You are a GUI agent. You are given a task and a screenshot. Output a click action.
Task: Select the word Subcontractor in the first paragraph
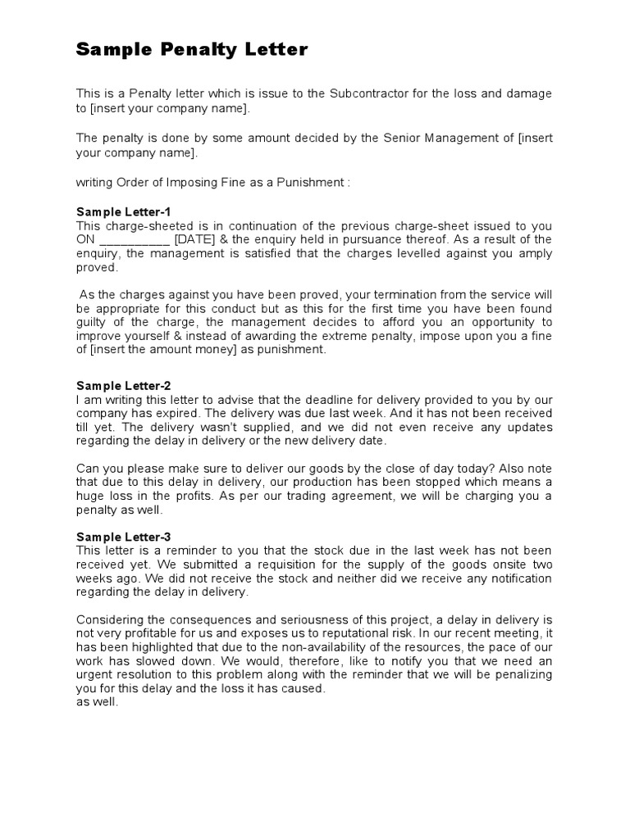coord(367,94)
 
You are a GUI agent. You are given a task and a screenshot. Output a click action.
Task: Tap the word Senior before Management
coord(402,138)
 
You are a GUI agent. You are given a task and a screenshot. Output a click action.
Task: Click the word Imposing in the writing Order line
coord(190,183)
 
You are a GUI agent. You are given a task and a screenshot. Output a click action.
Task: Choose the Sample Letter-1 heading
coord(123,211)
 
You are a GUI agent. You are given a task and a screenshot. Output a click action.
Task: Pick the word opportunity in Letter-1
coord(506,323)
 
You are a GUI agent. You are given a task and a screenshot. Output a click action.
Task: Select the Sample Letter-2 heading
coord(123,386)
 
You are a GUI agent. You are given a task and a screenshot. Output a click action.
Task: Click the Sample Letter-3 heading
coord(123,537)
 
